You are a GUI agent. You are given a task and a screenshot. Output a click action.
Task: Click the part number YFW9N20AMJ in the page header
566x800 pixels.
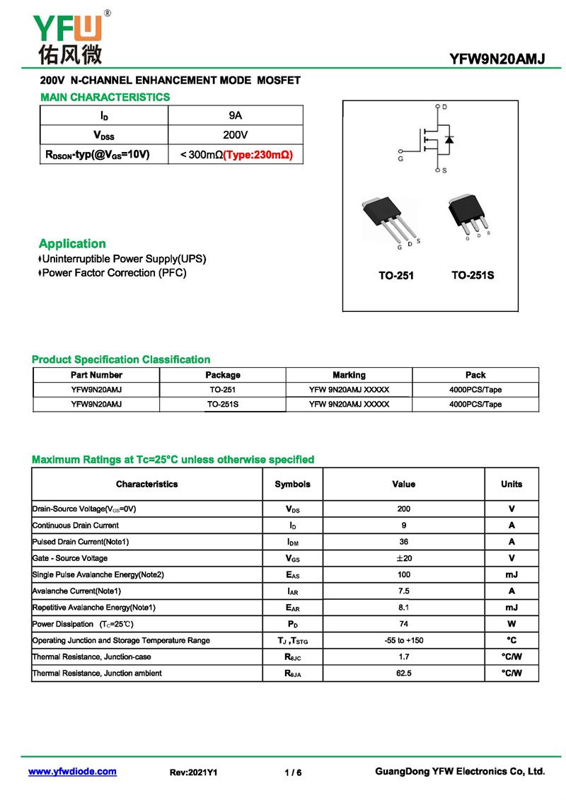[497, 59]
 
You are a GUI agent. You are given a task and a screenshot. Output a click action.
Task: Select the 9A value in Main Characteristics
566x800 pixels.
[236, 115]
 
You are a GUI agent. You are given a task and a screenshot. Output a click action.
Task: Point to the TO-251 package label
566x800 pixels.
[395, 275]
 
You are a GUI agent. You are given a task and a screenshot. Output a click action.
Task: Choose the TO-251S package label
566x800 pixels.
[473, 275]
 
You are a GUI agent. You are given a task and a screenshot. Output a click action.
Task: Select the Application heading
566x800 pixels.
[72, 243]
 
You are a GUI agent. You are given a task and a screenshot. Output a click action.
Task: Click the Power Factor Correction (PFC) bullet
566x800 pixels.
[114, 272]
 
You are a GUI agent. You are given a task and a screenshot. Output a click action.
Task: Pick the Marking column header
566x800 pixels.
[349, 375]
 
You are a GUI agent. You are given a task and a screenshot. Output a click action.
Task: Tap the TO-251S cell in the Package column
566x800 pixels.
[223, 405]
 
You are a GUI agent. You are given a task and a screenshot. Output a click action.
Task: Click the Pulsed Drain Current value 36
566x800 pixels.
[403, 542]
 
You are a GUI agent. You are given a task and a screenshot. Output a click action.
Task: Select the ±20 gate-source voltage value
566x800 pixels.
[403, 558]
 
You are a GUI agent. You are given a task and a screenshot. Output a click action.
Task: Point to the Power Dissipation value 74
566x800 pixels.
[403, 624]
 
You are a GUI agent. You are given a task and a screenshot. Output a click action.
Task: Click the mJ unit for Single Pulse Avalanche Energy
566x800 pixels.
[512, 574]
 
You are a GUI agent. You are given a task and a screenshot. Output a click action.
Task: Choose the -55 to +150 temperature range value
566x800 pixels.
[403, 640]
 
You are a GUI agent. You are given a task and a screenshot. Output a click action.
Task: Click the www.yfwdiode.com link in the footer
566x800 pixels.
[72, 772]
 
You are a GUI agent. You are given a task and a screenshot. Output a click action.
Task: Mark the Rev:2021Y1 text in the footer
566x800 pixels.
[193, 772]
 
